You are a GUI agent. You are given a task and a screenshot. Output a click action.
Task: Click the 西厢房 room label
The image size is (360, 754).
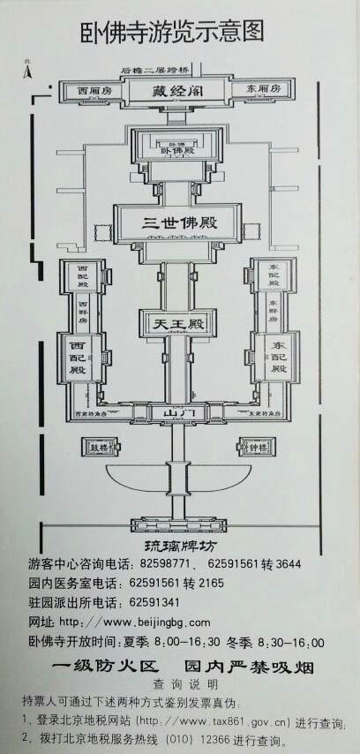[x=93, y=91]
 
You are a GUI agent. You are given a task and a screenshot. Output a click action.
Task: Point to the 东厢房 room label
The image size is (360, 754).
[x=264, y=89]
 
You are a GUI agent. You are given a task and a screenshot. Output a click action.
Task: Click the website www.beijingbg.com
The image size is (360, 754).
[x=150, y=622]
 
